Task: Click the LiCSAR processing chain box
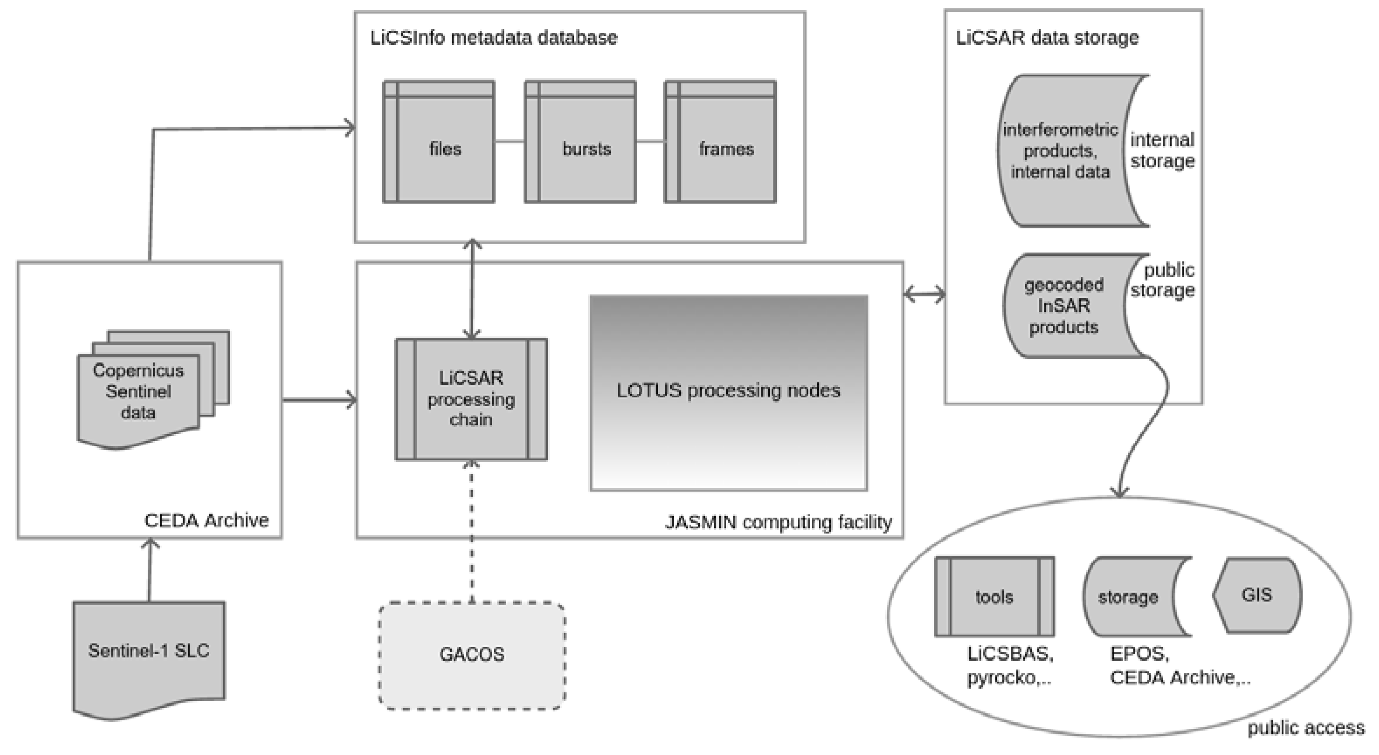pos(471,400)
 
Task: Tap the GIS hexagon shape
pos(1257,595)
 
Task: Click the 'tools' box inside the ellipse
pos(995,596)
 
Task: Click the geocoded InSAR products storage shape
pos(1064,306)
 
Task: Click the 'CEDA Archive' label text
pos(207,521)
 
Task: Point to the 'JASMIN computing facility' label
pos(779,522)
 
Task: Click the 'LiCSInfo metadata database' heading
pos(493,38)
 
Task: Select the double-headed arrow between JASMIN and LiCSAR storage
pos(924,294)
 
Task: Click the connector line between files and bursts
pos(510,142)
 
